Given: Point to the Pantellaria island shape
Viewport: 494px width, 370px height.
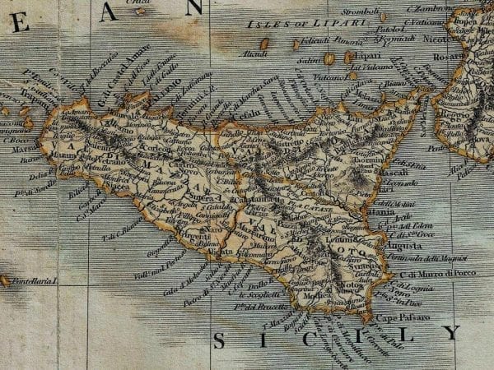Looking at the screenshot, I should click(4, 281).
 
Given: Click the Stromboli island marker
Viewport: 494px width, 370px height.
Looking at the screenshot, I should click(383, 17).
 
